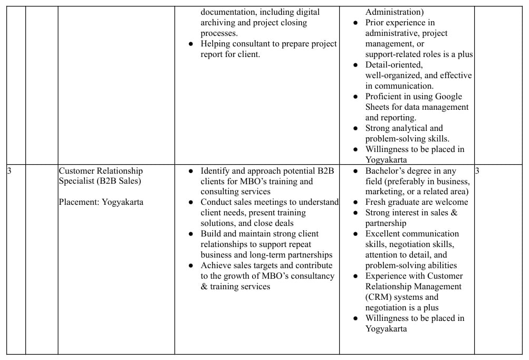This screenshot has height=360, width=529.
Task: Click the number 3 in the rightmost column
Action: (x=477, y=171)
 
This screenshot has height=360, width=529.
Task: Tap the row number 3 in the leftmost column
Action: (x=9, y=171)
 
